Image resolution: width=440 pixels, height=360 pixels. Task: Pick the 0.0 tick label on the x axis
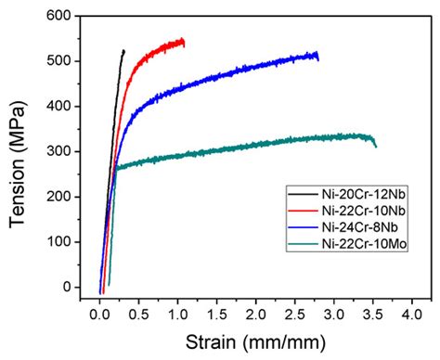click(99, 314)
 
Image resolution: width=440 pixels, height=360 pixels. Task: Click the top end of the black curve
click(123, 50)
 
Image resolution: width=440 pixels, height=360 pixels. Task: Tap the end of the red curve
click(184, 42)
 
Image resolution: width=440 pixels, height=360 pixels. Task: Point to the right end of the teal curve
click(375, 146)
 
